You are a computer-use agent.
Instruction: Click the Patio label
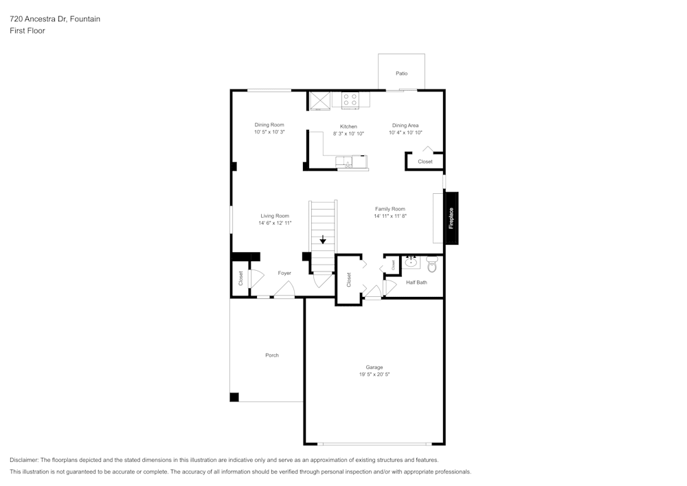tap(401, 73)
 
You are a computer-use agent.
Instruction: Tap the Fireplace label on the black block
tap(451, 218)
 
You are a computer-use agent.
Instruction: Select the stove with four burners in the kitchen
tap(350, 100)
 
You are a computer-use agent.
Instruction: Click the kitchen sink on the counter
tap(348, 162)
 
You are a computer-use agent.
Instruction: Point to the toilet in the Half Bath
tap(432, 265)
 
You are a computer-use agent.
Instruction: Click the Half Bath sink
tap(412, 262)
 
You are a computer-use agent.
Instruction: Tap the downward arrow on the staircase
tap(323, 240)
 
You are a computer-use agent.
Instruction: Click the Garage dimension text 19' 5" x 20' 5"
tap(374, 375)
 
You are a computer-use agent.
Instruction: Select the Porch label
tap(272, 355)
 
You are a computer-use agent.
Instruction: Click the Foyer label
tap(284, 273)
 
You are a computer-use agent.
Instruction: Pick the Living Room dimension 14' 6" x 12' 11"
tap(275, 223)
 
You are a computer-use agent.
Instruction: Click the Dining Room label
tap(269, 124)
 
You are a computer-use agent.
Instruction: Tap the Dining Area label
tap(405, 125)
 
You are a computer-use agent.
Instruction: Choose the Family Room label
tap(390, 209)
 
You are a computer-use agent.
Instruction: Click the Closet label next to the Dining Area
tap(425, 162)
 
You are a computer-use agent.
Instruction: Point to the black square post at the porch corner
tap(234, 397)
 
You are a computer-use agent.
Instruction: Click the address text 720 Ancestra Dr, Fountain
tap(55, 19)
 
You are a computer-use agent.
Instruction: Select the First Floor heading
tap(27, 31)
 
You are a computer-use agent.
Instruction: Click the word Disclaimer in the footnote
tap(24, 460)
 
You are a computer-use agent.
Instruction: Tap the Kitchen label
tap(348, 126)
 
